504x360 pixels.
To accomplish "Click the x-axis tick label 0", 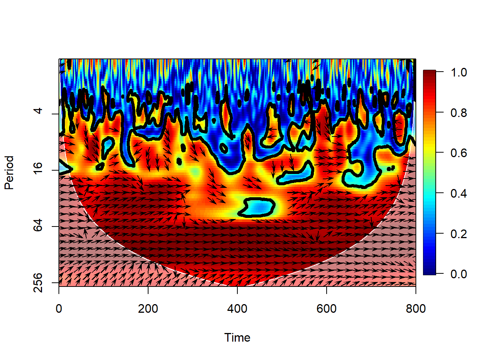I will coord(59,309).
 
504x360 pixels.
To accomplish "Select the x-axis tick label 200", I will coord(148,309).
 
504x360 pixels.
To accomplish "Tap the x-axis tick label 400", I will coord(237,309).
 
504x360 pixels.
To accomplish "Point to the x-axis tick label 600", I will coord(326,309).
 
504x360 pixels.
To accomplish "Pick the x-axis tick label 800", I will coord(415,309).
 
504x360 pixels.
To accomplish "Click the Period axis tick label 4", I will coord(38,111).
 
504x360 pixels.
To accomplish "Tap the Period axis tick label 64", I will coord(38,226).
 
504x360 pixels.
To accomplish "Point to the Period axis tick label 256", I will coord(38,282).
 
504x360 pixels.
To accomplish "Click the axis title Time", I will coord(237,337).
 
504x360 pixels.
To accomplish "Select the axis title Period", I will coord(9,172).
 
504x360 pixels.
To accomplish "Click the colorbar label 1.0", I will coord(459,72).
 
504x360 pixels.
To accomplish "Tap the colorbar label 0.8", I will coord(459,112).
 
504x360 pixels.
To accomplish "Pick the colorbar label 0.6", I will coord(459,153).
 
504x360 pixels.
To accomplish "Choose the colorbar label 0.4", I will coord(459,193).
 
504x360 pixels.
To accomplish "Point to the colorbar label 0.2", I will coord(459,234).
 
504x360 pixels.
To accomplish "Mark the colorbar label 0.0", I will coord(459,274).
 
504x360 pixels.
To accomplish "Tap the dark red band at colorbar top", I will coord(429,74).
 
